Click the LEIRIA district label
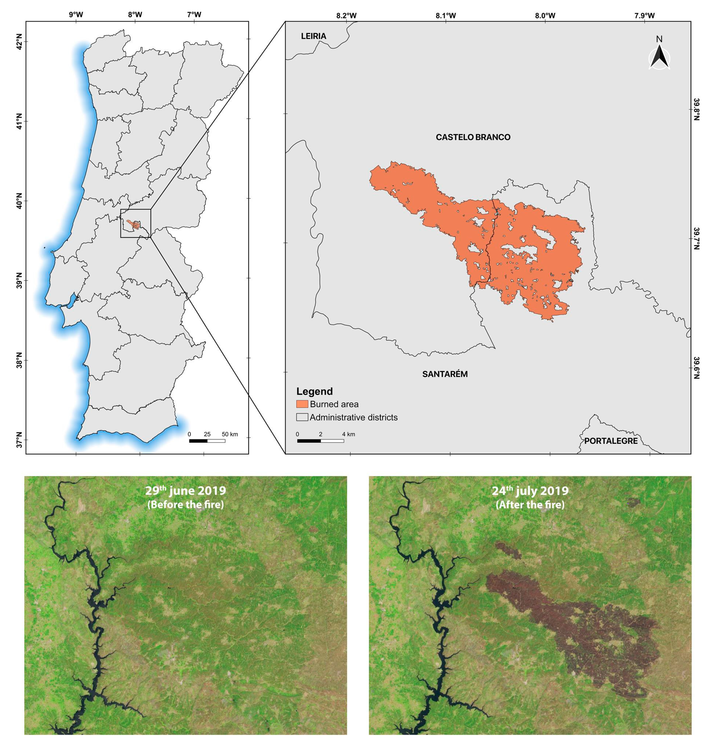pyautogui.click(x=313, y=36)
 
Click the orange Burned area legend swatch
pyautogui.click(x=302, y=404)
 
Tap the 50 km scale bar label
pyautogui.click(x=230, y=434)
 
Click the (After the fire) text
pyautogui.click(x=530, y=505)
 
